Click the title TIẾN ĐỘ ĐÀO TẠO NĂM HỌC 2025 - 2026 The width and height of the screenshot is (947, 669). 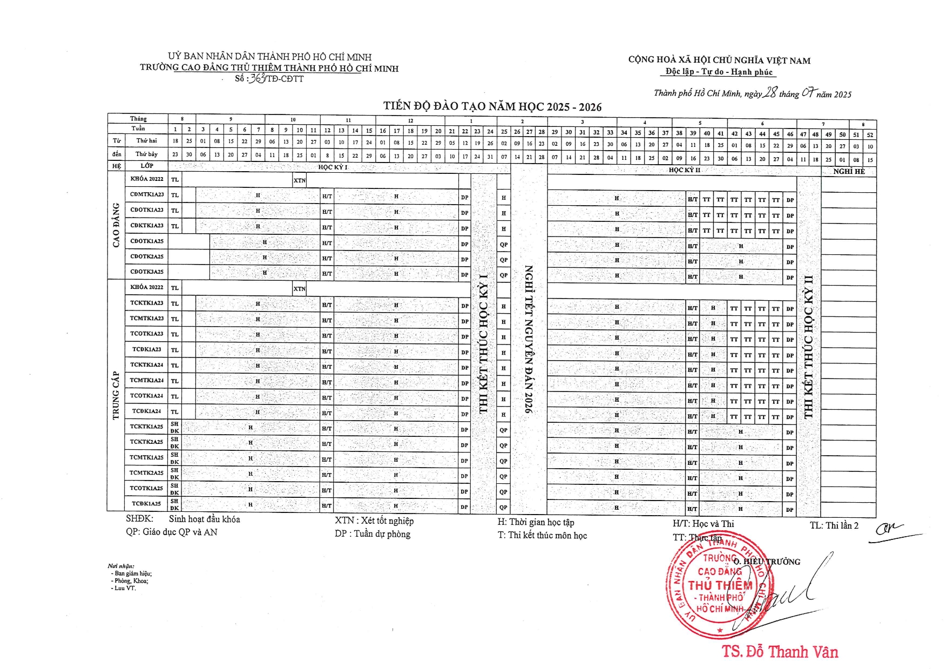pyautogui.click(x=492, y=106)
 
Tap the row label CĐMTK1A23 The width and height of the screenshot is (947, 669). pyautogui.click(x=147, y=194)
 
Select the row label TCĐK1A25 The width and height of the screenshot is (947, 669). pyautogui.click(x=147, y=504)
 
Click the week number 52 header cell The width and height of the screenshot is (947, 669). pyautogui.click(x=870, y=134)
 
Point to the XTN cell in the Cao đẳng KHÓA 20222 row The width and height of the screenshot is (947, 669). pyautogui.click(x=299, y=180)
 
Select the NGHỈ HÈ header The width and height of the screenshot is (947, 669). pyautogui.click(x=848, y=171)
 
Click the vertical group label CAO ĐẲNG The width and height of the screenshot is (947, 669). pyautogui.click(x=116, y=225)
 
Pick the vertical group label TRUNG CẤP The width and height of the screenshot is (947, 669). pyautogui.click(x=116, y=395)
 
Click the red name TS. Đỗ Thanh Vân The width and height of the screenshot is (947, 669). pyautogui.click(x=780, y=652)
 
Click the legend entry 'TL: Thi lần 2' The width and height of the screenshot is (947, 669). pyautogui.click(x=834, y=525)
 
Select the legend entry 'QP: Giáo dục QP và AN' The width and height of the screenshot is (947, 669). pyautogui.click(x=172, y=532)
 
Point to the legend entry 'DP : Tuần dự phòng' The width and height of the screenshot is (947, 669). pyautogui.click(x=373, y=534)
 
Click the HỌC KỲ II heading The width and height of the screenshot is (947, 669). pyautogui.click(x=684, y=170)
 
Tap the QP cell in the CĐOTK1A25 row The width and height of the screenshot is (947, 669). pyautogui.click(x=504, y=245)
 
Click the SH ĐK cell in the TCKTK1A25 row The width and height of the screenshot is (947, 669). pyautogui.click(x=174, y=427)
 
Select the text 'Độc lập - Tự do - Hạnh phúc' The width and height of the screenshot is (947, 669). pyautogui.click(x=719, y=72)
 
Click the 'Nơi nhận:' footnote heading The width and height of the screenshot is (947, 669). pyautogui.click(x=121, y=566)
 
